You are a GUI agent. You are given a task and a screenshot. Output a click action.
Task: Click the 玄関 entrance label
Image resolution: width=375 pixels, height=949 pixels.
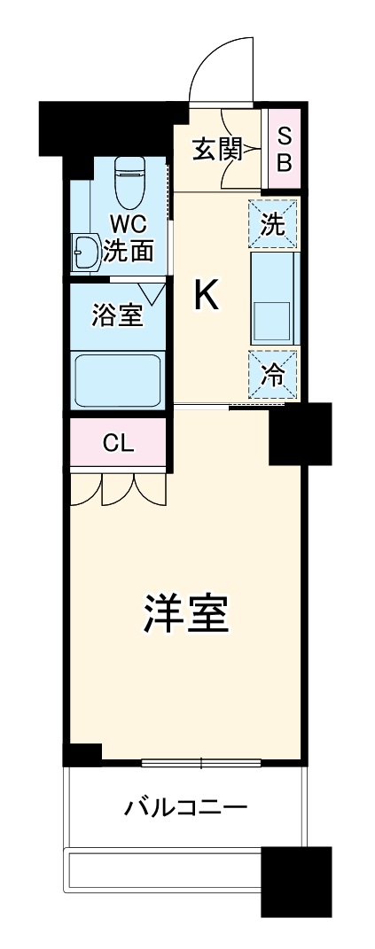tap(216, 149)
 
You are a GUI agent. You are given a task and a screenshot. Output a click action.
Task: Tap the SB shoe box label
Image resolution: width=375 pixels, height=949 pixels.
tap(284, 149)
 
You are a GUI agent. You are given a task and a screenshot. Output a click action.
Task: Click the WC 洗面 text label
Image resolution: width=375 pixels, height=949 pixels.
tap(129, 237)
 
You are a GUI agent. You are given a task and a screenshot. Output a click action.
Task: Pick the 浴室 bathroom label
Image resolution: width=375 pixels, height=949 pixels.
tap(118, 315)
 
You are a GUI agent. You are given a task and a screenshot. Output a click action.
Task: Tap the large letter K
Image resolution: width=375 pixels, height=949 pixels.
tap(206, 297)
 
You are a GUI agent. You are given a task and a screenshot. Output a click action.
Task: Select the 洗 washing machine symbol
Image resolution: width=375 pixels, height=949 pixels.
tap(273, 223)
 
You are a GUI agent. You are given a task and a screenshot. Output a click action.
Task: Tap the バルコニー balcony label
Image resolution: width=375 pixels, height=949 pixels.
tap(184, 808)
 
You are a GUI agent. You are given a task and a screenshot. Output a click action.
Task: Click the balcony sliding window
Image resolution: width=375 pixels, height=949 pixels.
tap(200, 763)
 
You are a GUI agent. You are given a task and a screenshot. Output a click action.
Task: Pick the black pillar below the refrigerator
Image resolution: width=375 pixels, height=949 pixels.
tap(300, 433)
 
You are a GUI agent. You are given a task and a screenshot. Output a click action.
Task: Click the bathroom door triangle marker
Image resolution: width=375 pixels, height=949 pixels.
tap(152, 291)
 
